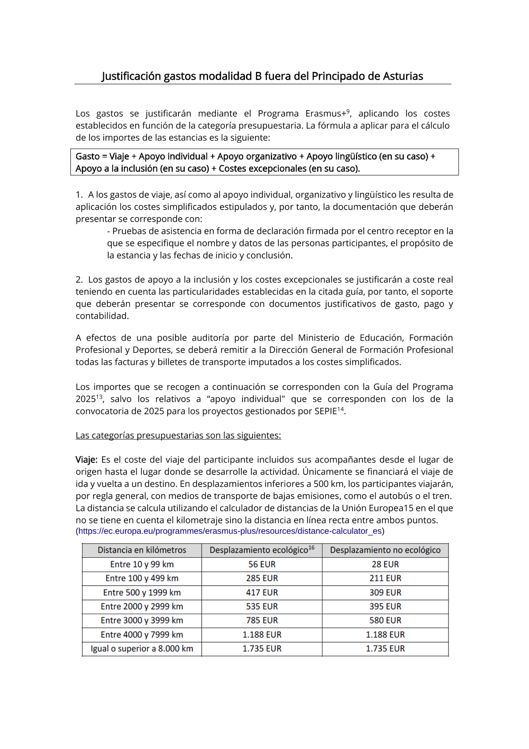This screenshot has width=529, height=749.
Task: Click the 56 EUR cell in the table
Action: [262, 565]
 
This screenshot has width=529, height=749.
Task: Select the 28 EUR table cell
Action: [385, 565]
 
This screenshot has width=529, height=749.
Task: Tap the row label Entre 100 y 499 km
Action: [142, 578]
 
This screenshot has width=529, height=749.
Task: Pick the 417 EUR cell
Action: [262, 593]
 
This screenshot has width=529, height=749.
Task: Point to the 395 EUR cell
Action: [385, 607]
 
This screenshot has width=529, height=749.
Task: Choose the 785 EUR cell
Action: [262, 620]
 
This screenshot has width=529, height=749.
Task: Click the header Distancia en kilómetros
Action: [142, 550]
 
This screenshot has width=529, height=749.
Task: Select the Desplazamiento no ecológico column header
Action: [385, 550]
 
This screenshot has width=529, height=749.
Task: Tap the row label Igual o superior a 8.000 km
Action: [142, 648]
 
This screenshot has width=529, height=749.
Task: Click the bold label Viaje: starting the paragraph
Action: [86, 460]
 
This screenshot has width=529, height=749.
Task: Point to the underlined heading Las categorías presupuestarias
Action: [178, 435]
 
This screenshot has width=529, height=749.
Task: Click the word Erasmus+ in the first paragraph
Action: [325, 114]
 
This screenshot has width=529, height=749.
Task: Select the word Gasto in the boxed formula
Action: [87, 157]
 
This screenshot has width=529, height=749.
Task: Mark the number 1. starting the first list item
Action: [79, 195]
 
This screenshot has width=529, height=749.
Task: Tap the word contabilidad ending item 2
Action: [102, 316]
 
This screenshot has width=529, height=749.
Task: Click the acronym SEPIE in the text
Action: [325, 412]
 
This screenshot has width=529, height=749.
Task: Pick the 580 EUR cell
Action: [385, 620]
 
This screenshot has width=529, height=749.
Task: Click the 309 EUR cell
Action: [385, 593]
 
